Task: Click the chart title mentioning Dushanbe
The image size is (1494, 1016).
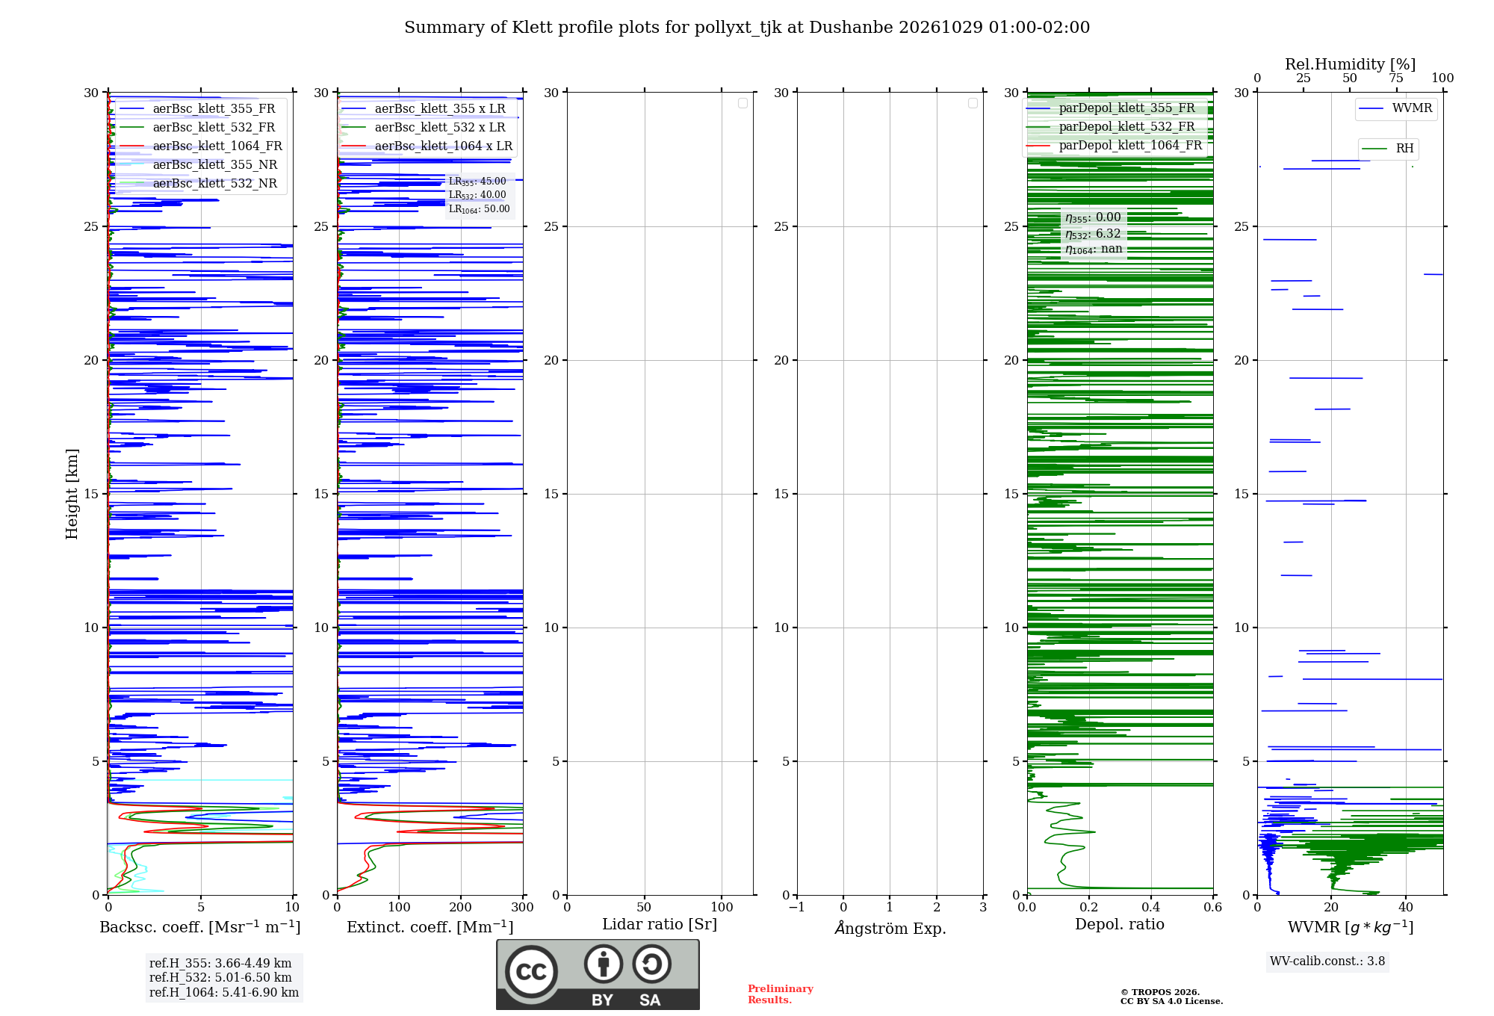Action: pyautogui.click(x=747, y=28)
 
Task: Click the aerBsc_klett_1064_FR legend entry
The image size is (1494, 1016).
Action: pyautogui.click(x=201, y=146)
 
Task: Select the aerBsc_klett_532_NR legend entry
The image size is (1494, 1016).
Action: pyautogui.click(x=198, y=183)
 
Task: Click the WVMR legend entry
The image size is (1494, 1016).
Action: pyautogui.click(x=1395, y=108)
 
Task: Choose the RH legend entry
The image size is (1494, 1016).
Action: pyautogui.click(x=1388, y=148)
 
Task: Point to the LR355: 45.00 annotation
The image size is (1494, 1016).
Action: pyautogui.click(x=477, y=182)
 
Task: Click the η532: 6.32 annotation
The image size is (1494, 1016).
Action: pyautogui.click(x=1093, y=234)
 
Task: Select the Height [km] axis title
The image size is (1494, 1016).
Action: pyautogui.click(x=72, y=494)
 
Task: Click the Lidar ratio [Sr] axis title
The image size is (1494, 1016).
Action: pyautogui.click(x=660, y=924)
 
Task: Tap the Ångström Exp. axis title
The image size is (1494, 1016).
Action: pyautogui.click(x=890, y=927)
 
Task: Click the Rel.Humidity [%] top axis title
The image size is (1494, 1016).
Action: pyautogui.click(x=1351, y=64)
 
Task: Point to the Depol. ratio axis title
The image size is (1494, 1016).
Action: pyautogui.click(x=1120, y=924)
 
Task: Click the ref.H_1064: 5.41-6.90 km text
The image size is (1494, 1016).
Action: pyautogui.click(x=224, y=992)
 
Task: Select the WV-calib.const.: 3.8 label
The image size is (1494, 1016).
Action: pyautogui.click(x=1327, y=961)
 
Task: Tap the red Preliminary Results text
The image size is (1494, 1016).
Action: pyautogui.click(x=781, y=994)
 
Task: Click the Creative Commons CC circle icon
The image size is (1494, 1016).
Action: pyautogui.click(x=531, y=971)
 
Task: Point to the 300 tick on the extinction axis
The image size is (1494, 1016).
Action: pyautogui.click(x=523, y=907)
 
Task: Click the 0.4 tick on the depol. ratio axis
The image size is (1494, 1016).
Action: pyautogui.click(x=1151, y=907)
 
